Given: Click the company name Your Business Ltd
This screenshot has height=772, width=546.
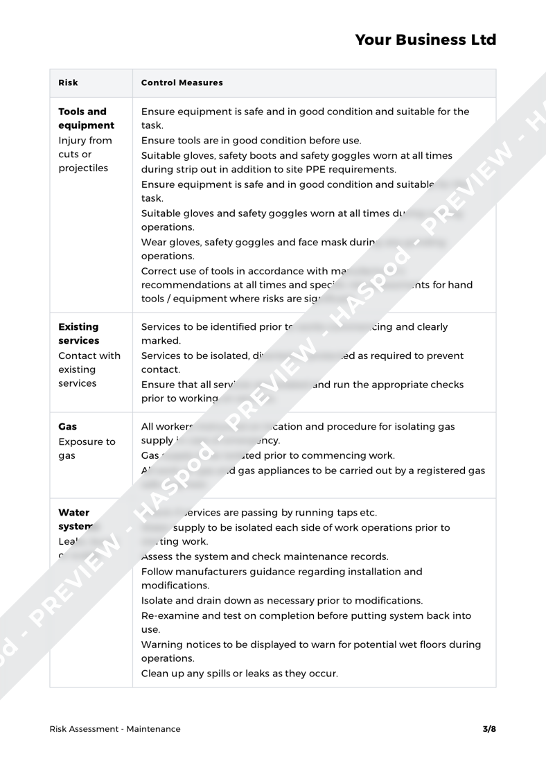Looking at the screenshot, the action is click(425, 40).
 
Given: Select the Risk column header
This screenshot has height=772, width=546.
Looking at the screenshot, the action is click(68, 83).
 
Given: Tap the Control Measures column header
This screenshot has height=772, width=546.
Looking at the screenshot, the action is click(182, 83).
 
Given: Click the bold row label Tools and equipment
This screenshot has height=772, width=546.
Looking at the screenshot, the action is click(87, 119).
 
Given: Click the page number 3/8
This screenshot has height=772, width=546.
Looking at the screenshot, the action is click(489, 728).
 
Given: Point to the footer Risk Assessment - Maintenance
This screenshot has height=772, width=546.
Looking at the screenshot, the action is click(115, 728).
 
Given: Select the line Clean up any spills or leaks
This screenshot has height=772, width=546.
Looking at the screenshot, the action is click(240, 672).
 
